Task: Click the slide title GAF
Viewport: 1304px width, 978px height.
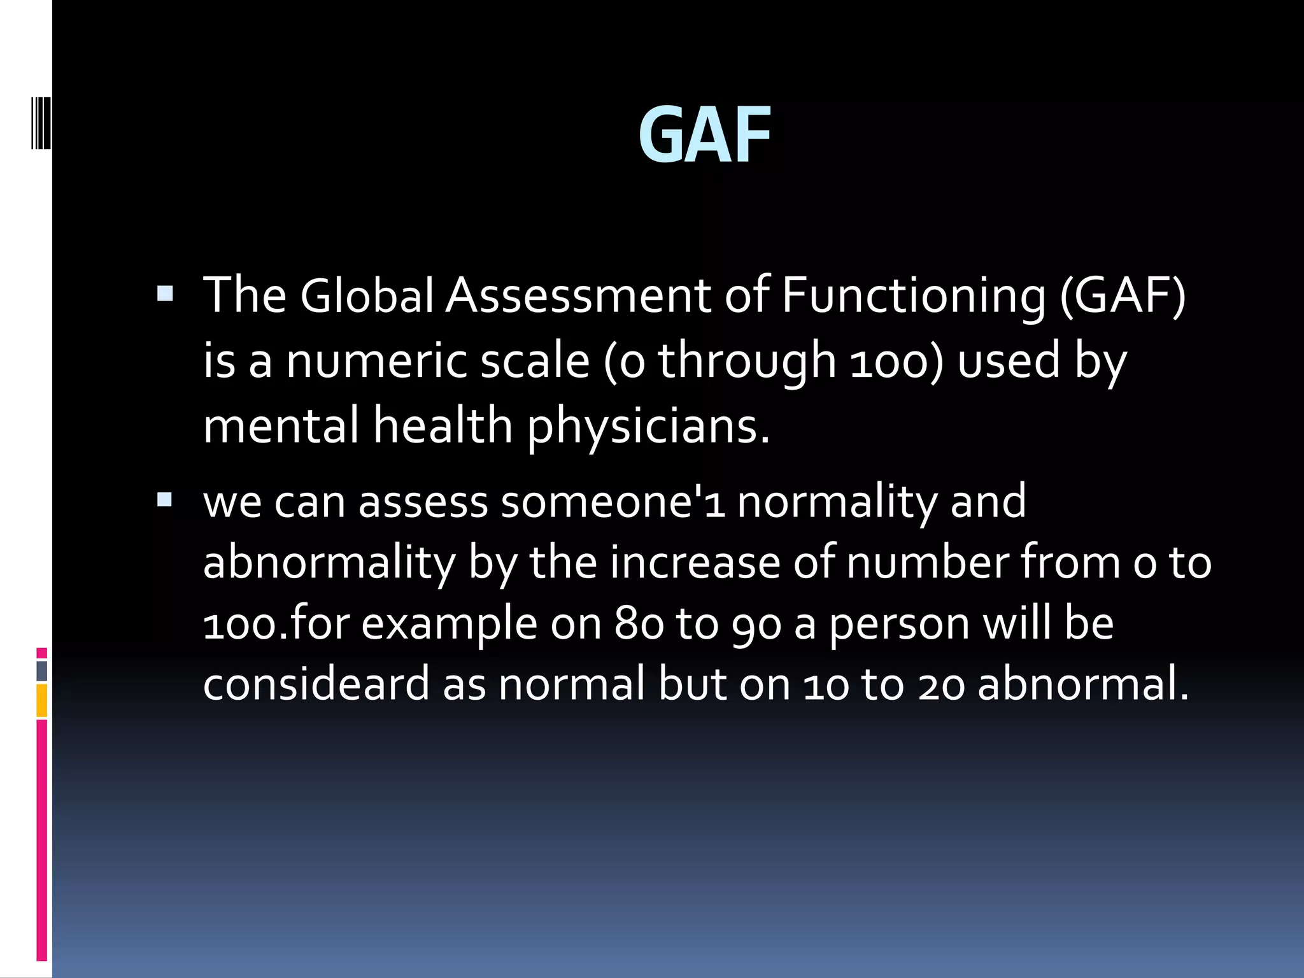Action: (x=704, y=136)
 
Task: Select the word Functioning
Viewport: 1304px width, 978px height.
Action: (x=913, y=297)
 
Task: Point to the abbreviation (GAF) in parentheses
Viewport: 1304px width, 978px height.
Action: (x=1123, y=297)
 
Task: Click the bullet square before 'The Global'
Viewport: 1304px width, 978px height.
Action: (x=164, y=294)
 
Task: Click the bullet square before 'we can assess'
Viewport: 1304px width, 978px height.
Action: (x=164, y=499)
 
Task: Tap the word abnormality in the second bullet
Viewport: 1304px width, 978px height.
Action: (x=329, y=563)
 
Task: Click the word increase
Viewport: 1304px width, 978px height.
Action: (x=695, y=562)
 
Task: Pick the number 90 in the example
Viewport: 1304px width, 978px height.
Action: (x=756, y=625)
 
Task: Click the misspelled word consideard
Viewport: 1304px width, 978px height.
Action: (x=316, y=684)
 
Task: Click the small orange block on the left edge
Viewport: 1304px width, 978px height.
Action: (x=42, y=700)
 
